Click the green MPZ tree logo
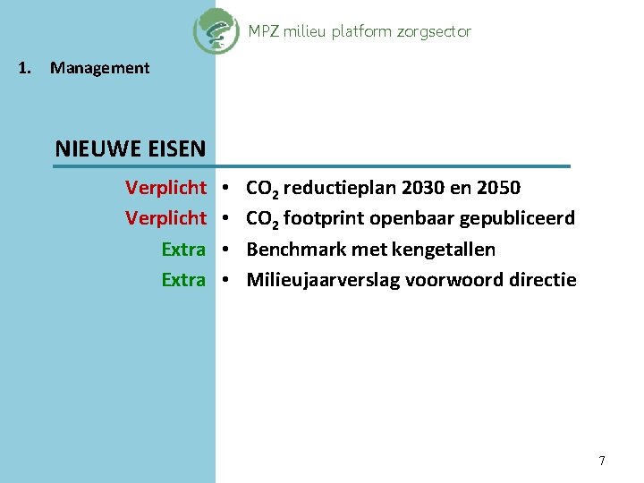[216, 30]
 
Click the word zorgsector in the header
[434, 31]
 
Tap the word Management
[100, 68]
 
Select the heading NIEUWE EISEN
[131, 148]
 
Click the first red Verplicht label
[165, 188]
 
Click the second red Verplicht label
[165, 218]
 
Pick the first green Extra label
[183, 249]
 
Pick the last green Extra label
[183, 279]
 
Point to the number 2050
[498, 188]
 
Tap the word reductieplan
[340, 189]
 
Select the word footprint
[324, 218]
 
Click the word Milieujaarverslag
[323, 280]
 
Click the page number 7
[602, 461]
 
